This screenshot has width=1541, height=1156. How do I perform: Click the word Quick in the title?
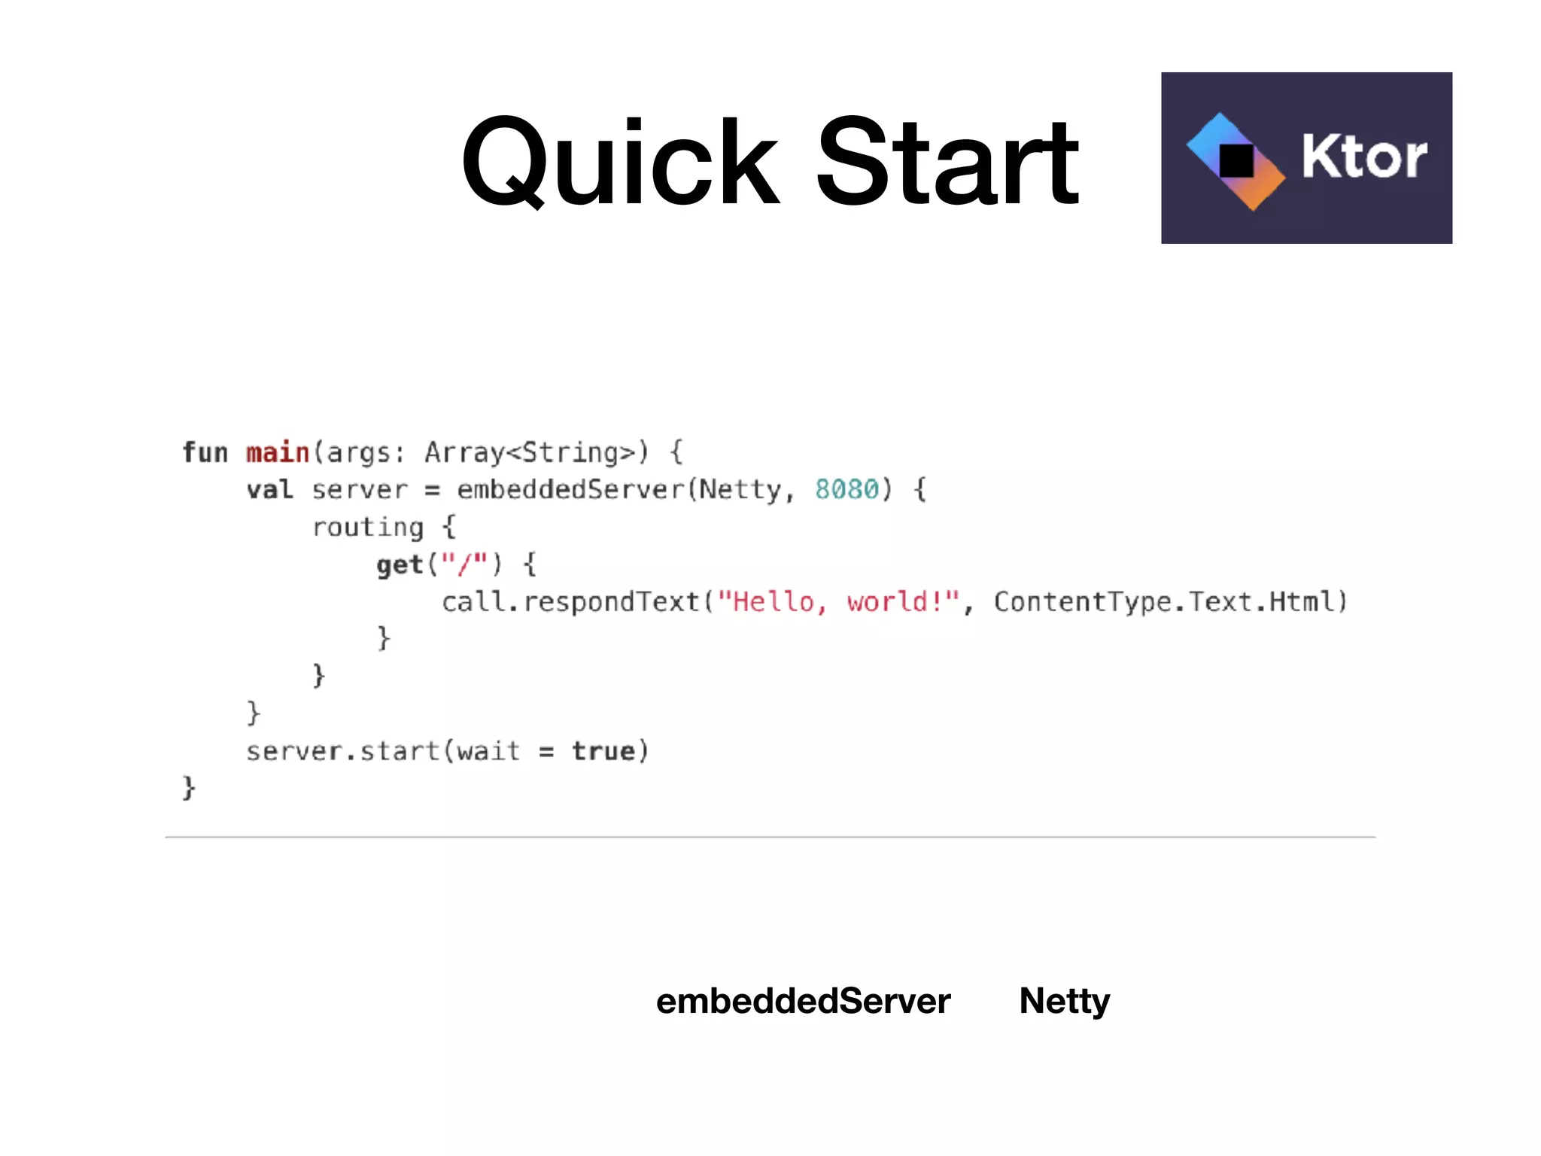621,162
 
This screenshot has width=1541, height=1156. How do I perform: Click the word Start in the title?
948,162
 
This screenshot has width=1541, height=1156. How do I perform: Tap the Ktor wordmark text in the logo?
1363,157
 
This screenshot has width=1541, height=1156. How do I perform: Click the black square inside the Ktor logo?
1236,160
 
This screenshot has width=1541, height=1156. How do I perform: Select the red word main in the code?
278,452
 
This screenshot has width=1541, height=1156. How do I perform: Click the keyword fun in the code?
205,452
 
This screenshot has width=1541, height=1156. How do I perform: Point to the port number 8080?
847,489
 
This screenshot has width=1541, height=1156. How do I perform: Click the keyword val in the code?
269,490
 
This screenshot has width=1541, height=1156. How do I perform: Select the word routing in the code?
368,528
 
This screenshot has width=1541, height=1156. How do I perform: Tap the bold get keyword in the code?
400,564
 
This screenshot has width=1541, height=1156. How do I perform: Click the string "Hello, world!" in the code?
838,602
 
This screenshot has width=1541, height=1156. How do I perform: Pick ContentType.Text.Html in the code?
1170,602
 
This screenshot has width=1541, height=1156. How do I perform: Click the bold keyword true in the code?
603,751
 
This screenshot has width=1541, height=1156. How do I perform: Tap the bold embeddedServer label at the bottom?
803,1001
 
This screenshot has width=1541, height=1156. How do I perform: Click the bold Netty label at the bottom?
1064,1001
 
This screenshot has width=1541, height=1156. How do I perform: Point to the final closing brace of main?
189,788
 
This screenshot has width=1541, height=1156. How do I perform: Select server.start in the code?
342,751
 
